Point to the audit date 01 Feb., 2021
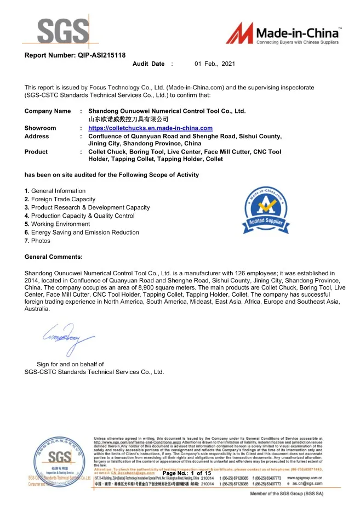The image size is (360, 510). coord(215,64)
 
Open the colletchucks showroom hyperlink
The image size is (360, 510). coord(150,128)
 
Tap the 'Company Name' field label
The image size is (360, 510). coord(48,111)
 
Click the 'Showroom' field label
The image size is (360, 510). coord(40,128)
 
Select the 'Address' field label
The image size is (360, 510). coord(37,136)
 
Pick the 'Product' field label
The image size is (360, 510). coord(36,152)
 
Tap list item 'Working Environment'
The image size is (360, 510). coord(57,224)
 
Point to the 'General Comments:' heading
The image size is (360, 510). coord(54,257)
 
